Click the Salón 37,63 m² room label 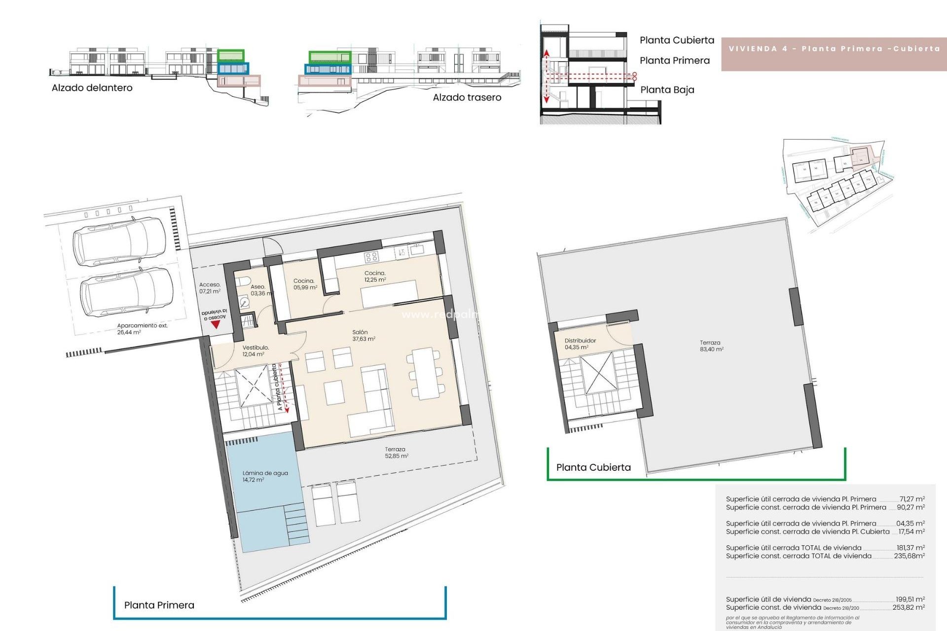[x=364, y=336]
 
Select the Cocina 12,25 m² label [x=375, y=277]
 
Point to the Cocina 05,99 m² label [x=305, y=284]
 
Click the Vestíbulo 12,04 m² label [x=255, y=351]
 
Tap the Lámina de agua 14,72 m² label [x=264, y=476]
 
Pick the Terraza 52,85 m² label [x=396, y=453]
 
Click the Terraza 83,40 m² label [x=711, y=346]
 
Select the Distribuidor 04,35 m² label [x=580, y=344]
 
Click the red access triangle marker [x=215, y=325]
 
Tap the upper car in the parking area [x=119, y=242]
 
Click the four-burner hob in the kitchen [x=371, y=256]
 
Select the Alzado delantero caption [x=92, y=88]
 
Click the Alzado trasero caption [x=467, y=98]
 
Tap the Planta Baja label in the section [x=667, y=90]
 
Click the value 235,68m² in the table [x=909, y=556]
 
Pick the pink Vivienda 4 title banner [x=834, y=49]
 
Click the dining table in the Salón [x=426, y=373]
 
